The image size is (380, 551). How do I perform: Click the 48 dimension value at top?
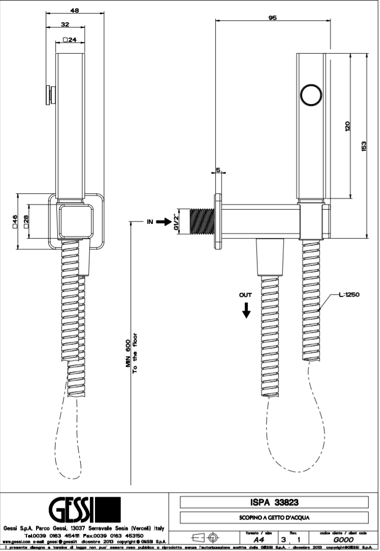(x=74, y=10)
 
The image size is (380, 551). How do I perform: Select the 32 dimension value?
(x=66, y=24)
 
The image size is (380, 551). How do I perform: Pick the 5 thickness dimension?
(x=218, y=171)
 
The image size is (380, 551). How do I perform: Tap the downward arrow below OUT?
(x=246, y=309)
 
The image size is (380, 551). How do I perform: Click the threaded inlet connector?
(x=202, y=221)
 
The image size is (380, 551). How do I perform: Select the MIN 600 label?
(x=129, y=355)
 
